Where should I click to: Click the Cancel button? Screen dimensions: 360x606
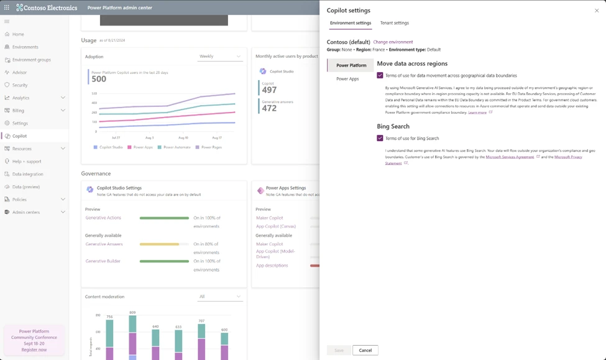pos(365,350)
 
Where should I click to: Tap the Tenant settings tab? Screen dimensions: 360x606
pos(395,23)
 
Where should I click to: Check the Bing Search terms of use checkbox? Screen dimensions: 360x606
pos(380,138)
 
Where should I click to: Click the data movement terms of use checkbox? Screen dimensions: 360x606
pos(380,75)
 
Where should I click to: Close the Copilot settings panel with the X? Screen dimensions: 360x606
pos(597,11)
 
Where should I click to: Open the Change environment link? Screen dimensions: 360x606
pos(393,42)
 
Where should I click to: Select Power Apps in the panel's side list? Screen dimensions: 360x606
pos(347,79)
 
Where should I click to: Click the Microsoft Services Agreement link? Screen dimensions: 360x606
pos(510,157)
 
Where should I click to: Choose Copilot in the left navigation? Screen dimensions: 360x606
pos(19,136)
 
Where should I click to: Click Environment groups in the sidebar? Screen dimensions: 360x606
pos(31,60)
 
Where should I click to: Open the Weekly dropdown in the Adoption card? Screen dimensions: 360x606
pos(220,57)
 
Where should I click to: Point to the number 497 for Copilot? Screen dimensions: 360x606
pos(269,90)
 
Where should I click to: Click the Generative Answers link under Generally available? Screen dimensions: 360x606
pos(104,244)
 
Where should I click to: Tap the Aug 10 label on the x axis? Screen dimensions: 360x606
pos(183,137)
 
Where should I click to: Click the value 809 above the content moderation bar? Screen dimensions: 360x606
pos(132,312)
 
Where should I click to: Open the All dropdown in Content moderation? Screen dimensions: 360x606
pos(220,297)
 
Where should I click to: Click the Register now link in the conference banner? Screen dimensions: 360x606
pos(34,349)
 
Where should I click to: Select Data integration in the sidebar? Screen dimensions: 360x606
pos(28,174)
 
